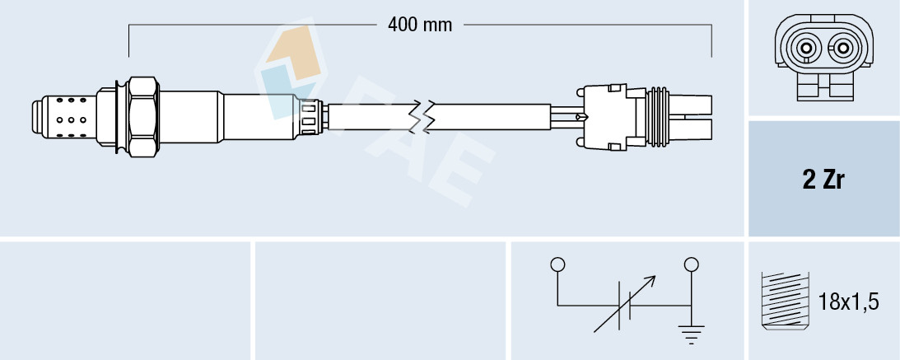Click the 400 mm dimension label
click(420, 26)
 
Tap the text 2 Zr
click(823, 180)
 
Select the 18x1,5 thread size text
click(848, 302)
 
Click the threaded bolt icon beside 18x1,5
click(786, 301)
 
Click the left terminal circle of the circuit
click(557, 264)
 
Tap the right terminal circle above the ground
click(692, 264)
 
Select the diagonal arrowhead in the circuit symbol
click(649, 281)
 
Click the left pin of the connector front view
click(806, 49)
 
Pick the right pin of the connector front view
click(842, 49)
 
